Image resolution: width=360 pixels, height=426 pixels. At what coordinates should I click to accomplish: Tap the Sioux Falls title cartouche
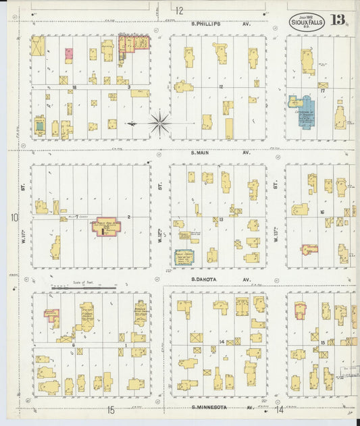click(307, 21)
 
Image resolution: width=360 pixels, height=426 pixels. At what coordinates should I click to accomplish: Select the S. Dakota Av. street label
click(220, 279)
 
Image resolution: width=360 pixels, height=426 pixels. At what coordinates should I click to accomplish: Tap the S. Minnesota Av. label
click(220, 408)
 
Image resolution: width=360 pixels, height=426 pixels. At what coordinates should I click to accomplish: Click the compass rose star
click(160, 123)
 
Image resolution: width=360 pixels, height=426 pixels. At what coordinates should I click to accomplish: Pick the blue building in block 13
click(183, 257)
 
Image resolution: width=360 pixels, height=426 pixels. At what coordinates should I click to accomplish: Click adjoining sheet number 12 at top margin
click(179, 10)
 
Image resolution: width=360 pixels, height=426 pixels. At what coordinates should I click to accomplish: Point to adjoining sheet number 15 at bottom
click(111, 410)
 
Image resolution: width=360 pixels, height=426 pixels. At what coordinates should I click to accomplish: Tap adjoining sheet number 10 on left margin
click(14, 217)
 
